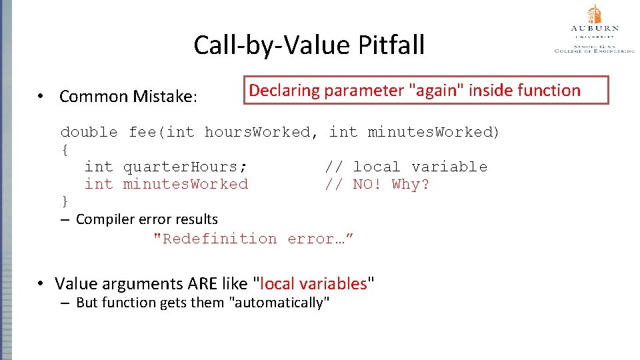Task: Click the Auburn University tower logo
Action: coord(594,14)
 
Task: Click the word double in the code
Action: coord(89,132)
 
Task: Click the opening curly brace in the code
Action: coord(64,149)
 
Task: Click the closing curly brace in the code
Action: coord(64,201)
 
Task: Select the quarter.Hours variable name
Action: coord(185,167)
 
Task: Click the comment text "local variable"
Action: coord(420,167)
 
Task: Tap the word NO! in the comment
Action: coord(367,184)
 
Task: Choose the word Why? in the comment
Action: coord(411,184)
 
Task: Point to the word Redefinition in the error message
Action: coord(215,239)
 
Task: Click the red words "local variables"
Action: coord(313,284)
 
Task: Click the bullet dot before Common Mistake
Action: coord(41,97)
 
